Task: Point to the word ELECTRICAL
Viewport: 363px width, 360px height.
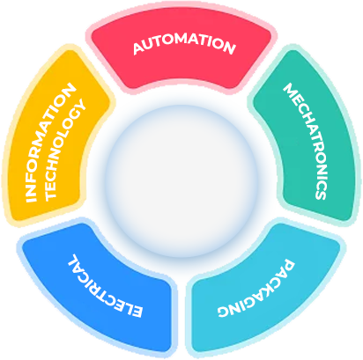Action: [104, 287]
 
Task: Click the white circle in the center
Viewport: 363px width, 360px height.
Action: [181, 181]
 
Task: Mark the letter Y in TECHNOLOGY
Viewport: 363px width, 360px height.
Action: [80, 106]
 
